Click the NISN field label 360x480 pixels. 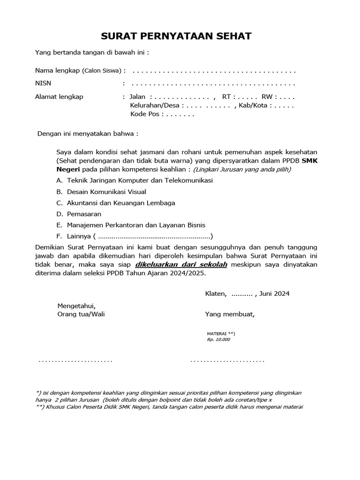(43, 83)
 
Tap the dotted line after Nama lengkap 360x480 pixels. (214, 71)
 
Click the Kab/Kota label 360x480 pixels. (253, 105)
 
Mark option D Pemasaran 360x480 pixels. (84, 214)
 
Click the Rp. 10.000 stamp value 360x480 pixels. (218, 339)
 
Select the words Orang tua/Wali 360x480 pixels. (81, 314)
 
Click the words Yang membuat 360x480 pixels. (230, 314)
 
